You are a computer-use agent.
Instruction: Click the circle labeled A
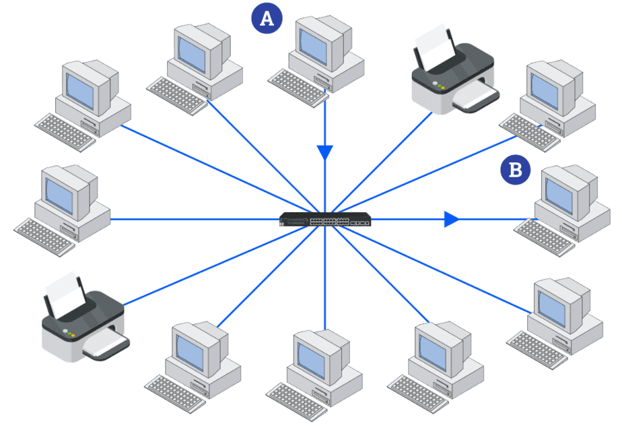pos(267,19)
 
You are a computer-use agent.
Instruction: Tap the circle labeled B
pos(515,170)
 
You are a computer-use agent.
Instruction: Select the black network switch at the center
pos(326,220)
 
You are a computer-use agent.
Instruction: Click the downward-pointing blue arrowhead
pos(326,152)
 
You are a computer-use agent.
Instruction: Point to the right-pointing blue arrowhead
pos(451,219)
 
